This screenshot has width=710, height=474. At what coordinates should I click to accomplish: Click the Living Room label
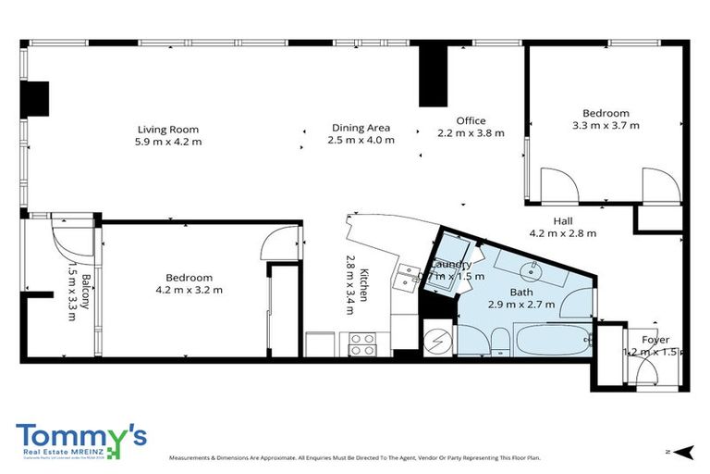(168, 129)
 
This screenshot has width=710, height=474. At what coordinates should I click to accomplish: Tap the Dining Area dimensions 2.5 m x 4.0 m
(361, 140)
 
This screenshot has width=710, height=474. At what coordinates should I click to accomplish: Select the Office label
(471, 120)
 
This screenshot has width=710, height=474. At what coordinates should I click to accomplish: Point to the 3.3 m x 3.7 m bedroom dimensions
(606, 125)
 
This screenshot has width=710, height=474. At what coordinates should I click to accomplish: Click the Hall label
(563, 221)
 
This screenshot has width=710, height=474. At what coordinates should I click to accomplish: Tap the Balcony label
(85, 292)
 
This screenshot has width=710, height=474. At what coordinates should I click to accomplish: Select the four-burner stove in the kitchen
(362, 343)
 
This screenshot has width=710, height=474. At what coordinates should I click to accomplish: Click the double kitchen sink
(408, 278)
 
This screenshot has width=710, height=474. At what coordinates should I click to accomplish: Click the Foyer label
(655, 340)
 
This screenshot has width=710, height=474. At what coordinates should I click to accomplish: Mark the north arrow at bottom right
(681, 451)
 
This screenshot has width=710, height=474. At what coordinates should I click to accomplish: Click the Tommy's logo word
(74, 434)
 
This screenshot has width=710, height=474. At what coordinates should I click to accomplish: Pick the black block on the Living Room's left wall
(36, 96)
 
